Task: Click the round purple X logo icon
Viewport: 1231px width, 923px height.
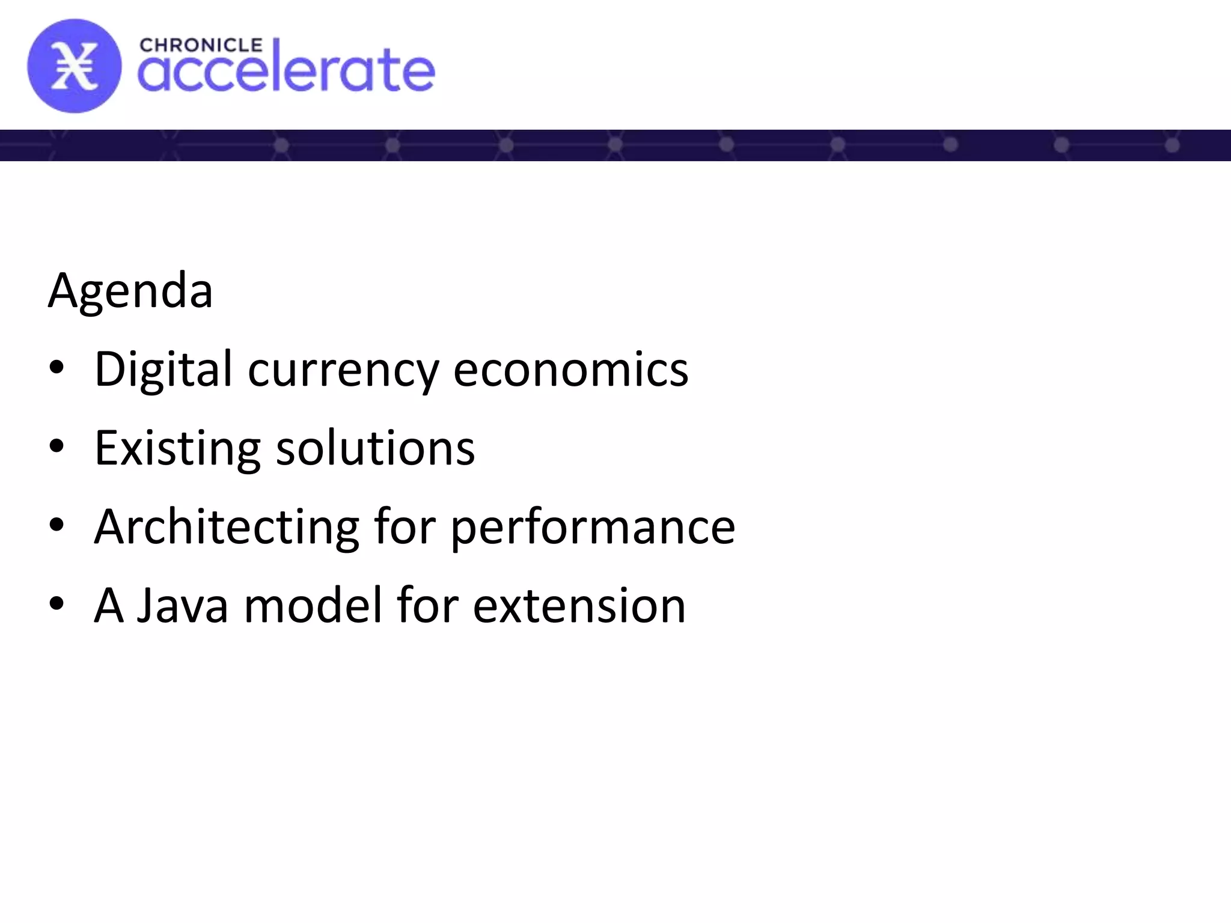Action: click(74, 66)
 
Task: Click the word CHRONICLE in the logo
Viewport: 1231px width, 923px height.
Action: click(201, 46)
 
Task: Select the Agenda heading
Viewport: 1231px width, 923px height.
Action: click(130, 291)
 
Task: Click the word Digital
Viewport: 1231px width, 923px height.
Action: click(163, 370)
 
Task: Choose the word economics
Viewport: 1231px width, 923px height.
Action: click(570, 370)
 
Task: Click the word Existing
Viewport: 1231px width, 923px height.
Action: click(177, 449)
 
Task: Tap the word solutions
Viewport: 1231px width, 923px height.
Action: click(375, 448)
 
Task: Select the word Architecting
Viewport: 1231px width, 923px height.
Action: click(227, 527)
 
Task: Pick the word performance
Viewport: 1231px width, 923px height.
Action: click(593, 528)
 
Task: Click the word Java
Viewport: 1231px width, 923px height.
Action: click(183, 606)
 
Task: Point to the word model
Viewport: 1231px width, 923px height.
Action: click(313, 606)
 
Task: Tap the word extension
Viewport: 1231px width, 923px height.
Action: click(579, 606)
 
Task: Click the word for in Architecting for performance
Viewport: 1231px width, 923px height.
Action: click(404, 527)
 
